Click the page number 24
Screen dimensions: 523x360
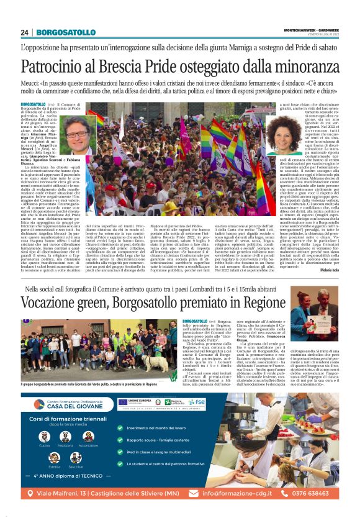point(25,32)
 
